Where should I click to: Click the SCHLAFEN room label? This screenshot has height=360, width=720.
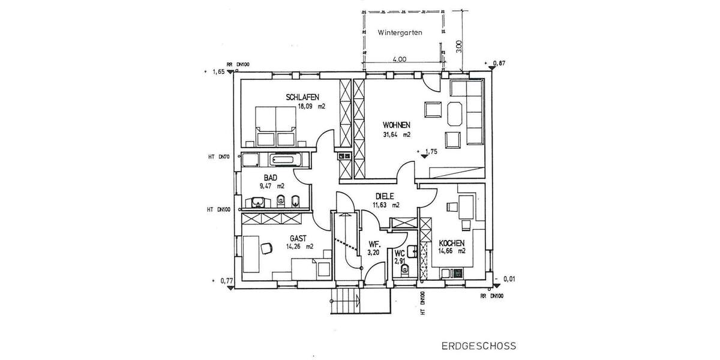coord(302,97)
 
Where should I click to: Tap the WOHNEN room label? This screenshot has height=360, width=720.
coord(397,125)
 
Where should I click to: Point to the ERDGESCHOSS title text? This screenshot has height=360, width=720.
coord(478,346)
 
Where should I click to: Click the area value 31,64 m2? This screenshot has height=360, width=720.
coord(397,134)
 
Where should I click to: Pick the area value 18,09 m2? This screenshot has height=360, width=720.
coord(311,107)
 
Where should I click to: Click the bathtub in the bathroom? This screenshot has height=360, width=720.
coord(289,160)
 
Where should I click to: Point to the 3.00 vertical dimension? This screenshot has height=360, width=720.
coord(459,47)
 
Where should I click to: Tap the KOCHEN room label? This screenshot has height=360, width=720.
coord(452,242)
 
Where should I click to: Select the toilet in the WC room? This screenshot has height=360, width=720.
coord(404,269)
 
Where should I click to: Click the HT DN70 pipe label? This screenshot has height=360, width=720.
coord(219,157)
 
